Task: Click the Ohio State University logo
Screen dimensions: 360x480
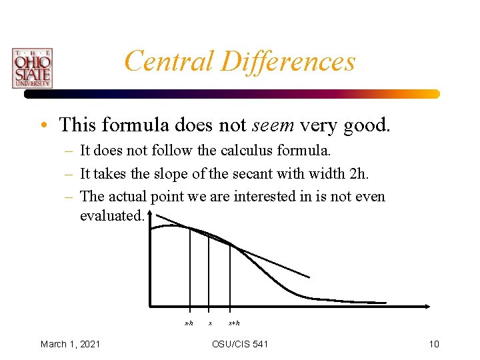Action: [x=32, y=68]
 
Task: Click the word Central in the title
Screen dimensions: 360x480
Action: [x=169, y=61]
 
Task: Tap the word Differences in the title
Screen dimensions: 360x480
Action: [x=288, y=61]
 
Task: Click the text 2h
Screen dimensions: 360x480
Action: [x=358, y=174]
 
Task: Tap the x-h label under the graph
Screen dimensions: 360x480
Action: [x=189, y=323]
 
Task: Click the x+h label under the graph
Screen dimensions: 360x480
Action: [x=234, y=323]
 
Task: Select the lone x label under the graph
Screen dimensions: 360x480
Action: [x=210, y=323]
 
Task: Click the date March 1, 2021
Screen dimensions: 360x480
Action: [x=71, y=344]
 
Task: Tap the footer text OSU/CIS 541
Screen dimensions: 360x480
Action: [x=240, y=344]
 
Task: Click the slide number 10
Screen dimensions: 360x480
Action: [x=434, y=344]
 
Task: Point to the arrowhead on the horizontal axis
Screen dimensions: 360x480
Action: [x=427, y=307]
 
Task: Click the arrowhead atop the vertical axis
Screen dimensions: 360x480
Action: [x=151, y=214]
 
